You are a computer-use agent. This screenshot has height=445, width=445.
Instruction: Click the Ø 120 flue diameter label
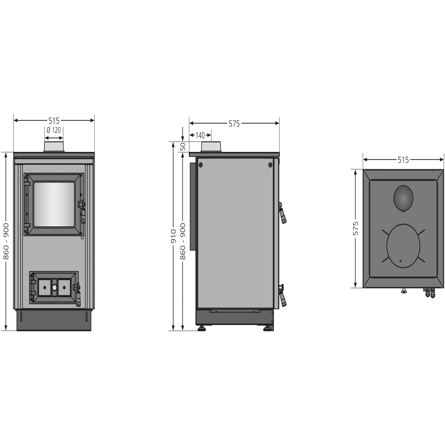point(54,130)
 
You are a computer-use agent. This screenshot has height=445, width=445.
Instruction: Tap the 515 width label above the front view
point(54,121)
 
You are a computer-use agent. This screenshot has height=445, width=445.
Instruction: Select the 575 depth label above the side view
point(234,124)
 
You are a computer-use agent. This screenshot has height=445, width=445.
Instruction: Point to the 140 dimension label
point(200,136)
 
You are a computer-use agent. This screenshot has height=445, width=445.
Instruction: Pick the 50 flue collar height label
point(183,147)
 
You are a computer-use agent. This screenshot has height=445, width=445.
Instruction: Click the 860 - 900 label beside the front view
point(6,241)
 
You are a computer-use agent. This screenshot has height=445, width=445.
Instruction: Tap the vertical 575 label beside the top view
point(356,228)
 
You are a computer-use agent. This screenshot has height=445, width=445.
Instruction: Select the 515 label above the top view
point(403,160)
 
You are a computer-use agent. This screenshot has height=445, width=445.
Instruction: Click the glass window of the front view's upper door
point(54,204)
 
